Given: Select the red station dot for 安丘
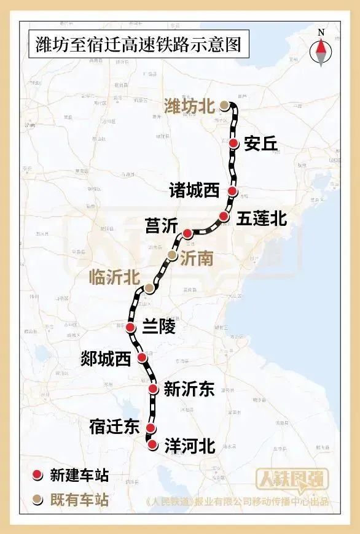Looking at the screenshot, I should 234,143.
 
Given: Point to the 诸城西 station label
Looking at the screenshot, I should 194,191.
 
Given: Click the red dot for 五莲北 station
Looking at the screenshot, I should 224,216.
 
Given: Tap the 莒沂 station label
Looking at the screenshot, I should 160,225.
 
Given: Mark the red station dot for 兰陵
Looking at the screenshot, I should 131,328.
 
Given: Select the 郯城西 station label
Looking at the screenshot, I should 106,359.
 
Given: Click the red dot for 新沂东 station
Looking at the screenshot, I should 154,388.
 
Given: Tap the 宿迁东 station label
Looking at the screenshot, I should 114,428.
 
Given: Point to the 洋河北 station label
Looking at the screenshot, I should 190,446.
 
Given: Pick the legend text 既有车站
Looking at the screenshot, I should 79,500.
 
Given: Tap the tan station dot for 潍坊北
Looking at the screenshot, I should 225,106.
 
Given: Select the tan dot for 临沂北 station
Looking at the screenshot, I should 149,288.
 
